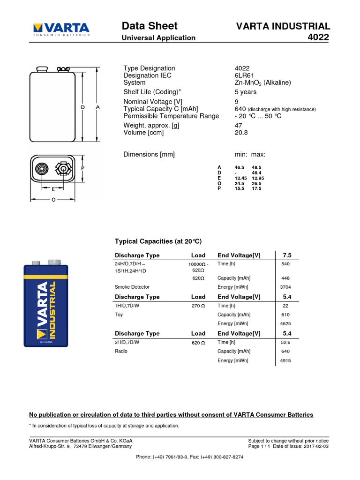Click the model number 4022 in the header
click(x=319, y=37)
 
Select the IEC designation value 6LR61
click(x=244, y=75)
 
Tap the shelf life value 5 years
click(x=245, y=92)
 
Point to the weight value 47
click(x=238, y=125)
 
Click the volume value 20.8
click(x=241, y=132)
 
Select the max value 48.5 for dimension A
click(x=256, y=167)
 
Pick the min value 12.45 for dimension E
click(x=240, y=178)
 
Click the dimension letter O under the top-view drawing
click(x=53, y=199)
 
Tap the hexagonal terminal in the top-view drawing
click(x=62, y=168)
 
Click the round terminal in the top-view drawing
click(x=41, y=168)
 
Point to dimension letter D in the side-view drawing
click(x=82, y=107)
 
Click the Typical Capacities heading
click(x=158, y=241)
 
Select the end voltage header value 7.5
click(x=287, y=255)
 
